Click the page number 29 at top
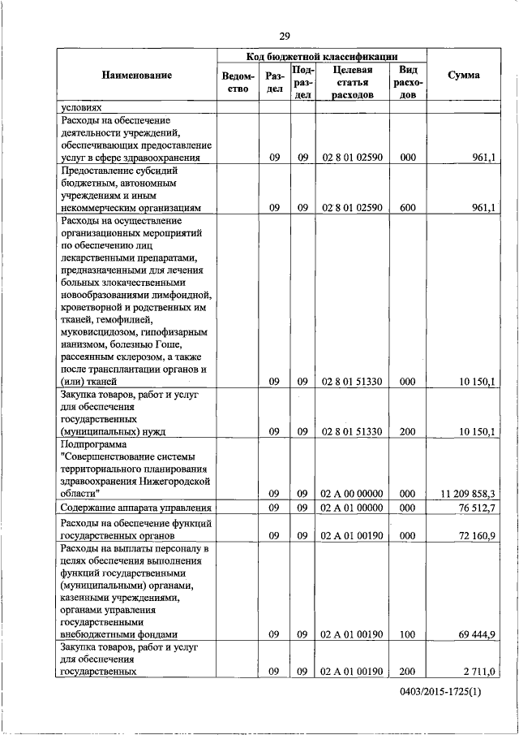(x=285, y=36)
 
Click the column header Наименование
(x=137, y=76)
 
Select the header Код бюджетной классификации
(x=321, y=56)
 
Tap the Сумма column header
(x=463, y=76)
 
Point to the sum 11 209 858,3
(x=467, y=493)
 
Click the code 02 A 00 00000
(x=353, y=493)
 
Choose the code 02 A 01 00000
(x=353, y=508)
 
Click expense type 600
(x=408, y=208)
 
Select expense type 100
(x=408, y=633)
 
